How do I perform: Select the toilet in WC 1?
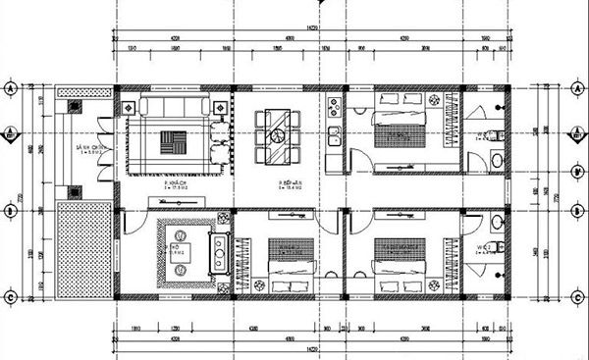tap(498, 132)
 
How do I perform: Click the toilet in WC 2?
tap(499, 224)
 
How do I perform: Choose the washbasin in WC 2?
tap(498, 250)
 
